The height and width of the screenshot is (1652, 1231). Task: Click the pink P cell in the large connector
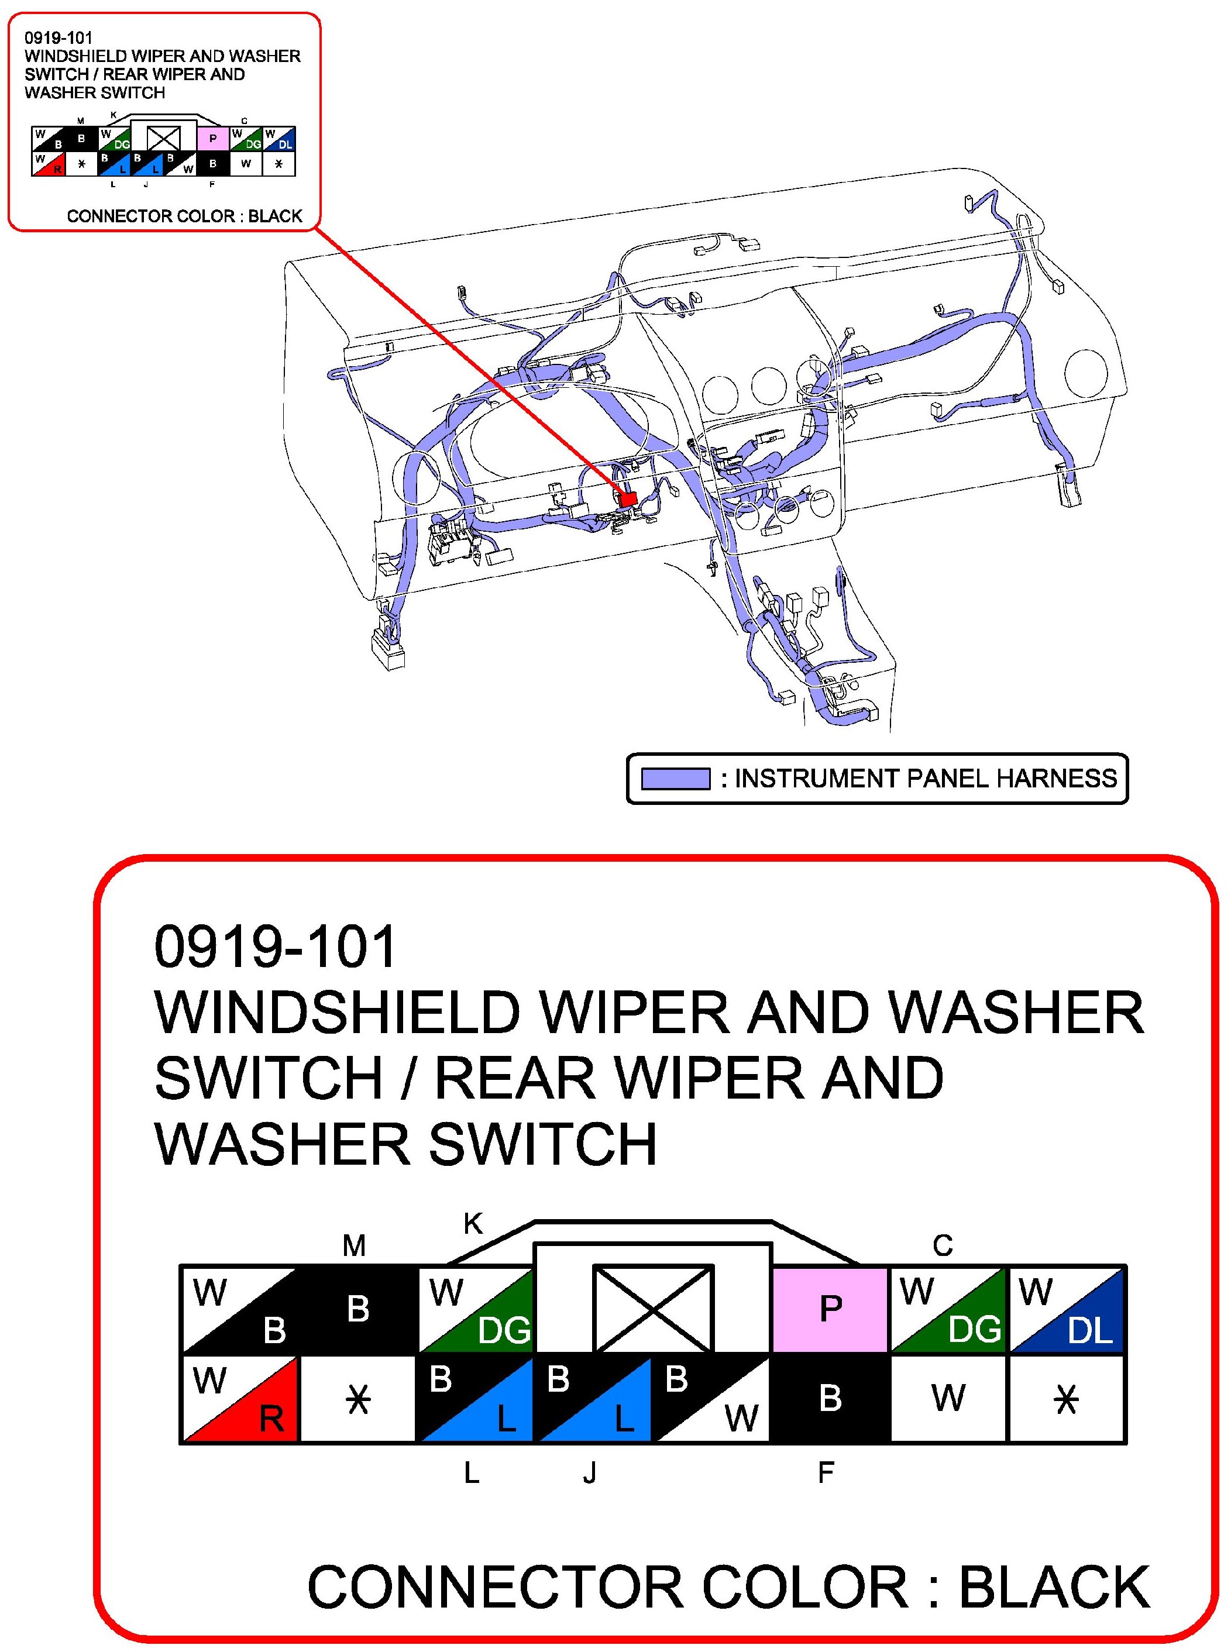click(x=830, y=1309)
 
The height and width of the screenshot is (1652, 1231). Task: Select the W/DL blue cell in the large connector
click(x=1067, y=1309)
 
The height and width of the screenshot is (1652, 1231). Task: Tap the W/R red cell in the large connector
click(x=240, y=1399)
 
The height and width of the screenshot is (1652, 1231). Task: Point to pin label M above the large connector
click(x=354, y=1245)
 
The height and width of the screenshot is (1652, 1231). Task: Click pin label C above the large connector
click(x=943, y=1245)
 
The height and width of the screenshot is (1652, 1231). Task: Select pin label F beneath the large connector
click(x=826, y=1472)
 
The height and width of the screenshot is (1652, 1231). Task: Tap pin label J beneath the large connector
click(x=589, y=1472)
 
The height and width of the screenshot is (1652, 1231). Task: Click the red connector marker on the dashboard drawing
click(x=627, y=498)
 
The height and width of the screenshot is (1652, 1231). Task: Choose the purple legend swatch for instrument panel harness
click(x=675, y=779)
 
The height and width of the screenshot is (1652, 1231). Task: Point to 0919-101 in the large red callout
click(x=275, y=947)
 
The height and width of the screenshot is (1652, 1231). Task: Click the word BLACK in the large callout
click(x=1054, y=1587)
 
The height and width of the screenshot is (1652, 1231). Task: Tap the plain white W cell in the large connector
click(x=948, y=1399)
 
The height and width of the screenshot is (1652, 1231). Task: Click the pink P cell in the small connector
click(x=213, y=139)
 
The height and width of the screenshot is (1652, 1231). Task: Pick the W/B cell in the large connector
click(x=240, y=1309)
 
